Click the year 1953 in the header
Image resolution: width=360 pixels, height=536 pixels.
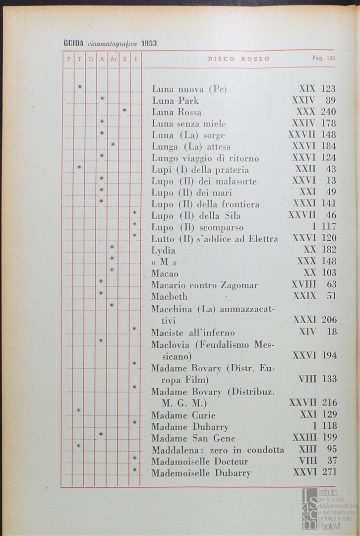click(149, 43)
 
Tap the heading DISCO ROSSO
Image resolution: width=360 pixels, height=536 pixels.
click(239, 59)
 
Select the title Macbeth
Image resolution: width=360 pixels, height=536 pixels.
click(170, 296)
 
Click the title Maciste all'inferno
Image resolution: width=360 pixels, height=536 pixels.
click(192, 333)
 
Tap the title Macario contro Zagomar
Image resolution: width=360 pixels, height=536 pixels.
click(204, 285)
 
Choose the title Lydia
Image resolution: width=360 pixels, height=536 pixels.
click(163, 250)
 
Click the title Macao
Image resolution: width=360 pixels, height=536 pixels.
click(165, 273)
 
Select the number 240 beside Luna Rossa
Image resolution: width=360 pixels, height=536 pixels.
click(328, 112)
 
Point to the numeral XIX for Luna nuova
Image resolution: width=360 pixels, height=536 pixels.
click(307, 89)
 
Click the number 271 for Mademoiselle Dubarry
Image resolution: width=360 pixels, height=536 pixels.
click(328, 472)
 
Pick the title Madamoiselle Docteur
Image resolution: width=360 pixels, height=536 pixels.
click(200, 461)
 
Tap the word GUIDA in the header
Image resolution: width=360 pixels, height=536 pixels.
click(73, 43)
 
